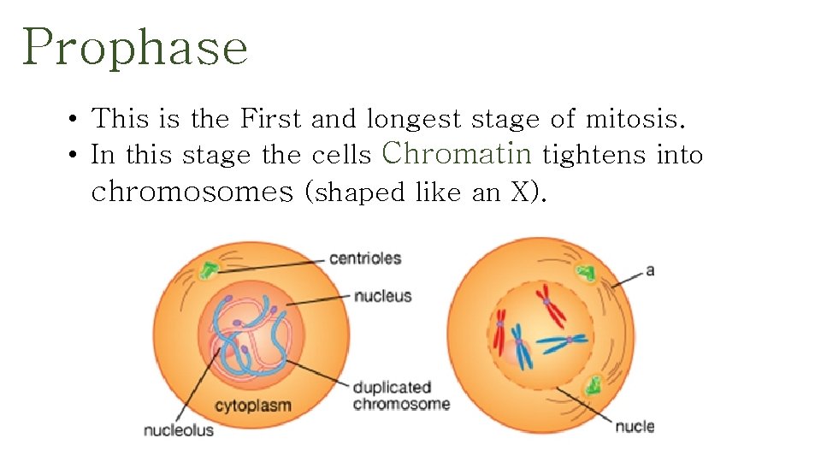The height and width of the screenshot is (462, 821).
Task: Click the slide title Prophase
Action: click(x=135, y=47)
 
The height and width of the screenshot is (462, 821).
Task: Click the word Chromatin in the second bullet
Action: click(x=458, y=153)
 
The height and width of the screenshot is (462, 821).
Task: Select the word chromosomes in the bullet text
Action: click(x=192, y=192)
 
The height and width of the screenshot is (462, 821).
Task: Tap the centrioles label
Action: click(x=365, y=258)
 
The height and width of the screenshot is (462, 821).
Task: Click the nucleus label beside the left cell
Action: click(x=382, y=296)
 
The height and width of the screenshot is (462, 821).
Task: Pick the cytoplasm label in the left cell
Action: click(x=252, y=406)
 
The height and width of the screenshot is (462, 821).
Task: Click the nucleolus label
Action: click(x=179, y=430)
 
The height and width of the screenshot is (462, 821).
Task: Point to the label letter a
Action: click(x=650, y=270)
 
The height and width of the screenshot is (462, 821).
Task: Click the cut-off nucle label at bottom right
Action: click(x=634, y=426)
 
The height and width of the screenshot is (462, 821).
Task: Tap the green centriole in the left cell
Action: click(x=208, y=271)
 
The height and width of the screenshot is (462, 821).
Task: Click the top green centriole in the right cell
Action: click(x=586, y=274)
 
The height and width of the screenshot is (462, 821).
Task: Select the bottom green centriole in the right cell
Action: click(x=592, y=386)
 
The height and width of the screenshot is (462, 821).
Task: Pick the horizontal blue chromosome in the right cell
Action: click(x=565, y=342)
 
